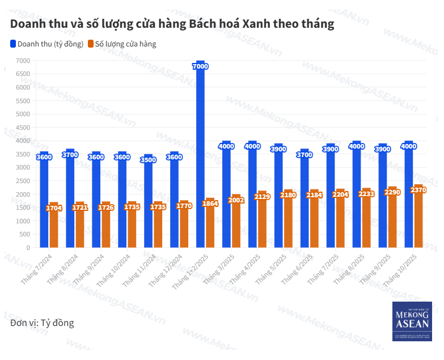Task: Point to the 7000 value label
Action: [x=200, y=66]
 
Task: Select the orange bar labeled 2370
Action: [x=418, y=221]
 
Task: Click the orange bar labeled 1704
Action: [x=54, y=227]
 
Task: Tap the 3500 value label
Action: [x=148, y=160]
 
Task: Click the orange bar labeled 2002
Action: [x=236, y=224]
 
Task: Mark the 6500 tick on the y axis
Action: [x=23, y=74]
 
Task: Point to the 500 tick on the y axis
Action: [x=24, y=234]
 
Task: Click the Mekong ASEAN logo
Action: [x=413, y=321]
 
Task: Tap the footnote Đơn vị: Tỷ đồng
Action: [x=42, y=323]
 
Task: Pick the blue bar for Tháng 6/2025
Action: [x=305, y=198]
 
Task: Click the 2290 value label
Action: [x=392, y=192]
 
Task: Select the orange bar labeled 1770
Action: [x=184, y=227]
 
